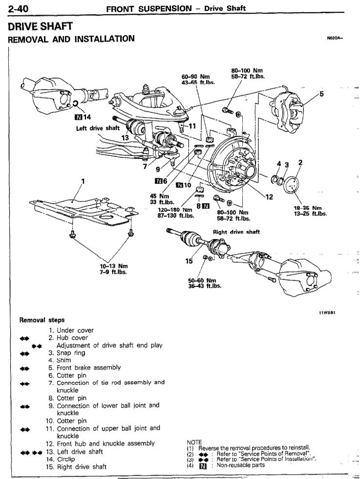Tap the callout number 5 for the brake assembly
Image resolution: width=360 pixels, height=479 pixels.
click(321, 94)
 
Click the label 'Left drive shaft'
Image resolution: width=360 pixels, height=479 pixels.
click(98, 129)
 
